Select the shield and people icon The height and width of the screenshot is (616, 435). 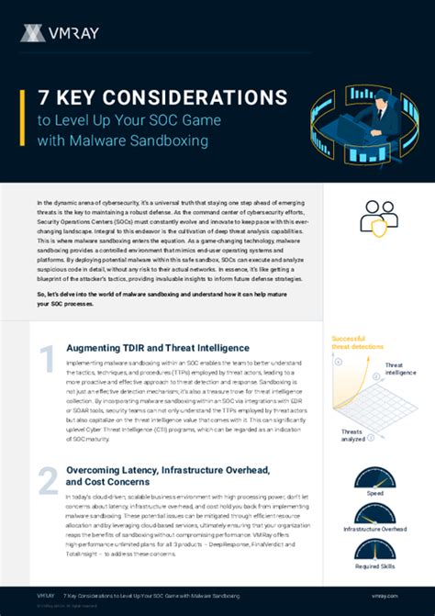click(377, 216)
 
